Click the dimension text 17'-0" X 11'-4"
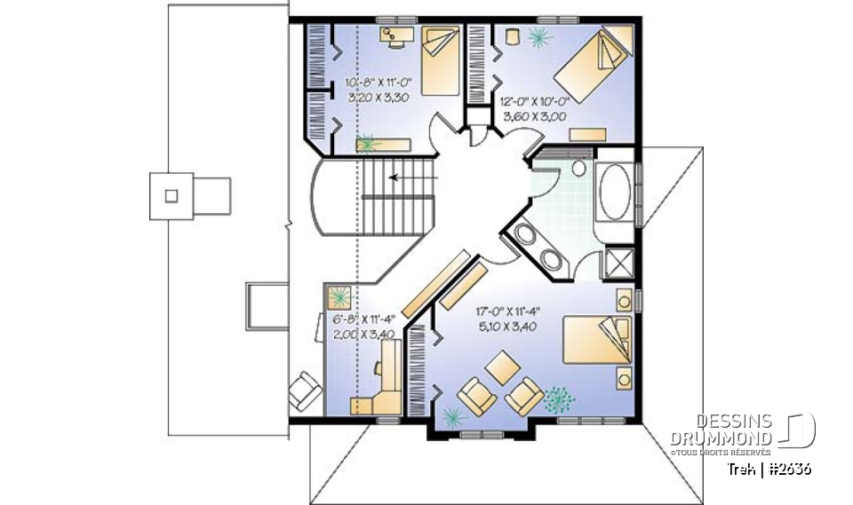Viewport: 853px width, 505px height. point(507,311)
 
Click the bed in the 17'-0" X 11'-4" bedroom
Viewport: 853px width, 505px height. point(596,341)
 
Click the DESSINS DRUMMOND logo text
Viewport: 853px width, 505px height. point(720,430)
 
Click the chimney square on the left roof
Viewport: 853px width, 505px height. point(172,195)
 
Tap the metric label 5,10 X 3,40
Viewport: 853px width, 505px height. point(507,326)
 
